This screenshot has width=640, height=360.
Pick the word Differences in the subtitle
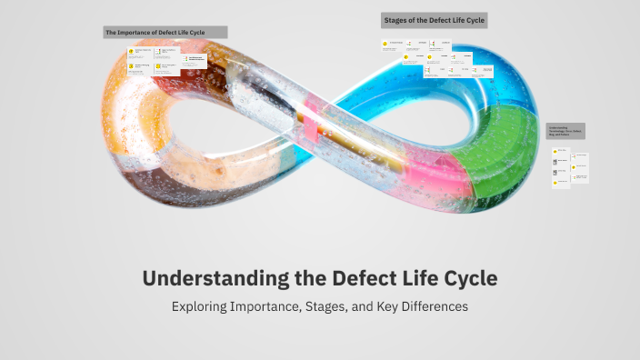pos(435,307)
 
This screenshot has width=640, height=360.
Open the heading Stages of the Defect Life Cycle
pos(434,19)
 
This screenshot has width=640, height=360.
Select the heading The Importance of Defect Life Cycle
pos(165,32)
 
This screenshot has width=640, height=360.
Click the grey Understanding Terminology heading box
pos(565,131)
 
